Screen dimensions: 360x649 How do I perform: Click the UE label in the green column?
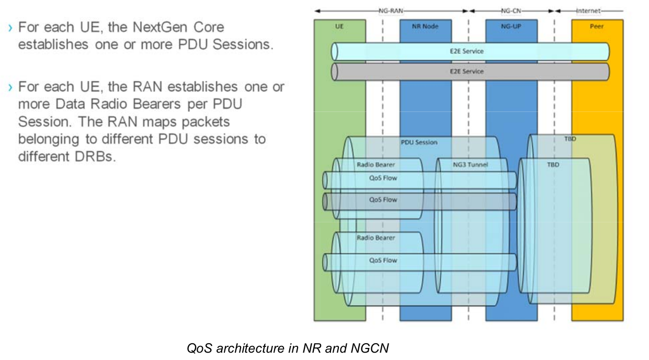click(339, 26)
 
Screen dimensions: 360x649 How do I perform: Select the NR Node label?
click(425, 26)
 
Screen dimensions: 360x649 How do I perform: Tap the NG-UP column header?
click(511, 26)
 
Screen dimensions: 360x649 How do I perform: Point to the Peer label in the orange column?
click(597, 26)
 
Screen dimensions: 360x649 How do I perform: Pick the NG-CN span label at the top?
click(511, 10)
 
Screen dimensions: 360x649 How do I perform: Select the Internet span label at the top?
click(588, 10)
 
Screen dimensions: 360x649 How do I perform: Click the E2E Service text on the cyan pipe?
click(466, 51)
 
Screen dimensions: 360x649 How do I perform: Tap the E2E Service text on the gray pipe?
click(466, 71)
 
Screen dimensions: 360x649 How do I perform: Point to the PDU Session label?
click(419, 142)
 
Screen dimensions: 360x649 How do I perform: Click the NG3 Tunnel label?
click(470, 164)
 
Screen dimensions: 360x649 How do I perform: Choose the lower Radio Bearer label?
click(375, 238)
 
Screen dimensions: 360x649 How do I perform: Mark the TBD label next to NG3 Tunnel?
click(553, 164)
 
